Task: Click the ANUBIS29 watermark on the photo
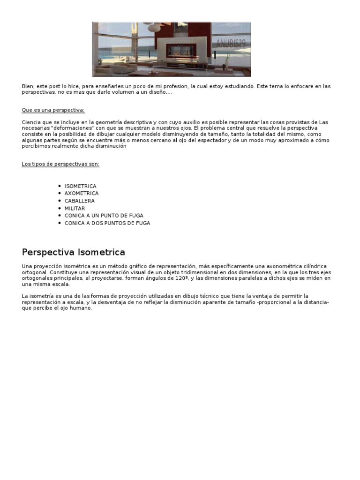[231, 44]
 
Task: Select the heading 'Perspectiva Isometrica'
[73, 252]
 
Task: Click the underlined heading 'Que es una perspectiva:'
[53, 110]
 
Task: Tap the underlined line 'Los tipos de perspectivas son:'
[60, 164]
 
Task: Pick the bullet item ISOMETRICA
[80, 186]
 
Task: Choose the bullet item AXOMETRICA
[82, 193]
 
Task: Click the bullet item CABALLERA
[79, 201]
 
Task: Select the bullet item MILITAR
[75, 208]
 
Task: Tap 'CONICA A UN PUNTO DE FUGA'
[104, 216]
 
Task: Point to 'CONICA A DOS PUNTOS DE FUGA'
[107, 223]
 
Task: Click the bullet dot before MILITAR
[60, 208]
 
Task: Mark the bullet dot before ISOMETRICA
[60, 186]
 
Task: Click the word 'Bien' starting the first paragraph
[27, 86]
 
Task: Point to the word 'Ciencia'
[31, 122]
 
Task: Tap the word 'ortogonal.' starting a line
[34, 272]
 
